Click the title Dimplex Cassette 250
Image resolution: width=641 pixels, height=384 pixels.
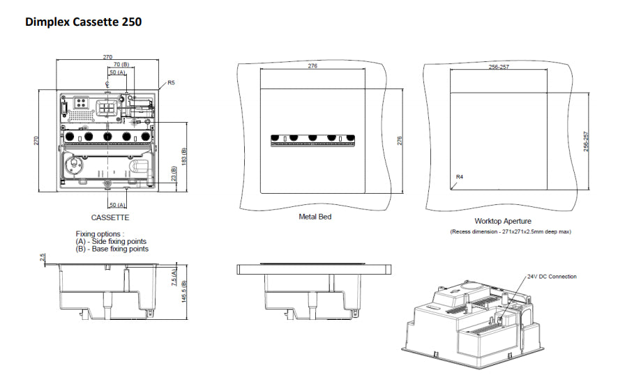tap(83, 22)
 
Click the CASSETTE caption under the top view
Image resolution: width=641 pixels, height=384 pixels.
tap(110, 217)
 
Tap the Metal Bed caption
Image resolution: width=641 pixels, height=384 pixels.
tap(315, 217)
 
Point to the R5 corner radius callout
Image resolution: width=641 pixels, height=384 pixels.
tap(171, 83)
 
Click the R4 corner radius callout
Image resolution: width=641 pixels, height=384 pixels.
tap(460, 177)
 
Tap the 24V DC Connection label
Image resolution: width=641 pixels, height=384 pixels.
tap(552, 277)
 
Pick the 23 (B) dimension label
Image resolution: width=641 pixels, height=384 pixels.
tap(173, 175)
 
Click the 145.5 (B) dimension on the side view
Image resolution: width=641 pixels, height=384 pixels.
tap(184, 292)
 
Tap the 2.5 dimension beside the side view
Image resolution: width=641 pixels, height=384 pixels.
tap(43, 259)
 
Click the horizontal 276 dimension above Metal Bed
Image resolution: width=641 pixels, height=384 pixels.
tap(312, 66)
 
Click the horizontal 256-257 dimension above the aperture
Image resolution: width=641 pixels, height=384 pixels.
tap(498, 67)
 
